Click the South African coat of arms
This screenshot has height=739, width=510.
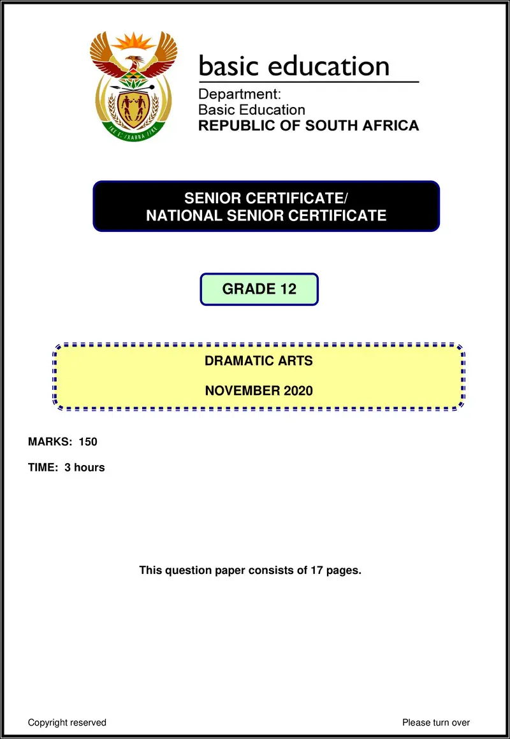coord(133,86)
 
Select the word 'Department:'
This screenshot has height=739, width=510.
coord(240,94)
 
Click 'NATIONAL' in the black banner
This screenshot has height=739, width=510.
coord(183,215)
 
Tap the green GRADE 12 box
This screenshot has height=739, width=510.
coord(259,289)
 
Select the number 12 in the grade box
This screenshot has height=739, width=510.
coord(288,289)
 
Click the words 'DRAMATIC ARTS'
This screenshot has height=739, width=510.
coord(258,361)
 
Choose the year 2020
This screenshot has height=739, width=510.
coord(298,391)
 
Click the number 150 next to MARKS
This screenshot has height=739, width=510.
coord(88,441)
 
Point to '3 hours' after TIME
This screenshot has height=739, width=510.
coord(85,468)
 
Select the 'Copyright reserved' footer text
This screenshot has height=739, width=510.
coord(67,722)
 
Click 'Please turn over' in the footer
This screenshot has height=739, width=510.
coord(436,722)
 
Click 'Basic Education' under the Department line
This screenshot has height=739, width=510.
coord(252,110)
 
